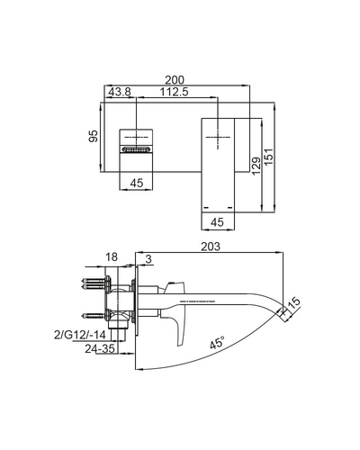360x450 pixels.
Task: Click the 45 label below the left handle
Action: tap(137, 184)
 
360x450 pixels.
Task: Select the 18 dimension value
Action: tap(112, 256)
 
